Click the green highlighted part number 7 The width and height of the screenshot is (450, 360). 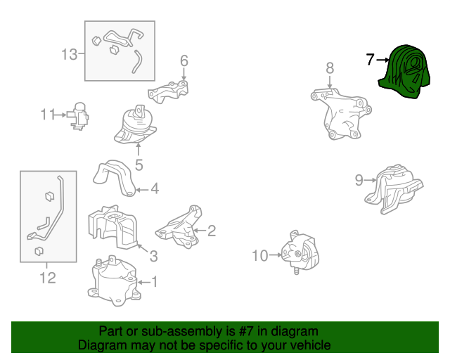pyautogui.click(x=405, y=72)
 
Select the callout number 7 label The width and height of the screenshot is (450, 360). pyautogui.click(x=371, y=60)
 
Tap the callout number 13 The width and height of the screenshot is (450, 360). pyautogui.click(x=70, y=54)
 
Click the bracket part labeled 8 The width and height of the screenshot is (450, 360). pyautogui.click(x=340, y=114)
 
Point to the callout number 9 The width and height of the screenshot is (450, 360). pyautogui.click(x=359, y=180)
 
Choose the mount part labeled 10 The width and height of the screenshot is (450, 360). pyautogui.click(x=300, y=252)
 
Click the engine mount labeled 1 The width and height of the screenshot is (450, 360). pyautogui.click(x=114, y=281)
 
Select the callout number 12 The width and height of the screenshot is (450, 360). pyautogui.click(x=48, y=278)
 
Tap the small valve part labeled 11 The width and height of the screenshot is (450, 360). pyautogui.click(x=78, y=116)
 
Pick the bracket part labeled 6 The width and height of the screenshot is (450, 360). pyautogui.click(x=168, y=92)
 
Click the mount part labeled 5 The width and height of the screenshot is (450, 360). pyautogui.click(x=135, y=125)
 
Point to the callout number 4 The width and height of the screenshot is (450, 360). pyautogui.click(x=155, y=189)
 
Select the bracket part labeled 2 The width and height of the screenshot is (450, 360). pyautogui.click(x=179, y=227)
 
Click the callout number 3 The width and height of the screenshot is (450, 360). pyautogui.click(x=154, y=256)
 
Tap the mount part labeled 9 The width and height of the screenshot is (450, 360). pyautogui.click(x=394, y=189)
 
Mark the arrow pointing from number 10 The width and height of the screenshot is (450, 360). pyautogui.click(x=275, y=255)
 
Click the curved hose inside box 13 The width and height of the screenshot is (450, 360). pyautogui.click(x=137, y=61)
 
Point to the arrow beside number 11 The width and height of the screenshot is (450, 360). pyautogui.click(x=60, y=115)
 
